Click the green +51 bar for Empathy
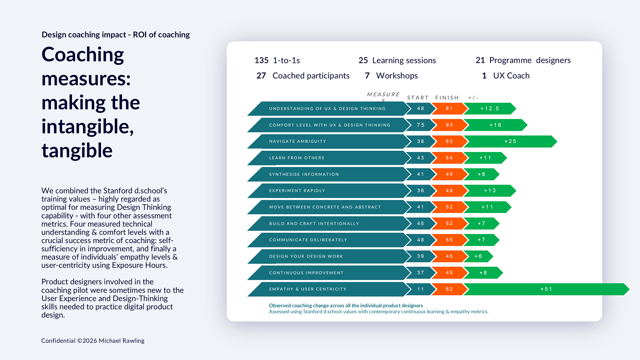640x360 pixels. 546,289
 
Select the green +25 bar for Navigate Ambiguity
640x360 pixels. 510,141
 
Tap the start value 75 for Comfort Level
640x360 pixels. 421,125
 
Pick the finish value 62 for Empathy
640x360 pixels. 449,289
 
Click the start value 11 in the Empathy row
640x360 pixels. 421,289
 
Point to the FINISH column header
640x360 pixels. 447,98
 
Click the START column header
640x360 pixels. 418,98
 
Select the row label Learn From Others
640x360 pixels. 297,158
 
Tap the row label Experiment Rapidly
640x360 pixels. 297,191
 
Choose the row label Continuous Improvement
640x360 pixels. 306,273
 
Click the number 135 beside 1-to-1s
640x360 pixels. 261,60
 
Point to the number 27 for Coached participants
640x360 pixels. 261,76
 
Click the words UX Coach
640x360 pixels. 511,76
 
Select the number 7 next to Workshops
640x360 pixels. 367,76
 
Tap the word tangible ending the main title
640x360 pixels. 77,150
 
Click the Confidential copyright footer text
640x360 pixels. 93,341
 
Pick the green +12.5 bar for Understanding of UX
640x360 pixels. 489,109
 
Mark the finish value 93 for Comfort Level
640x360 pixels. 449,125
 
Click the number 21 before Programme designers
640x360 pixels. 480,60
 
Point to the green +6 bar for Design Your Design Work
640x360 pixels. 478,256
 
